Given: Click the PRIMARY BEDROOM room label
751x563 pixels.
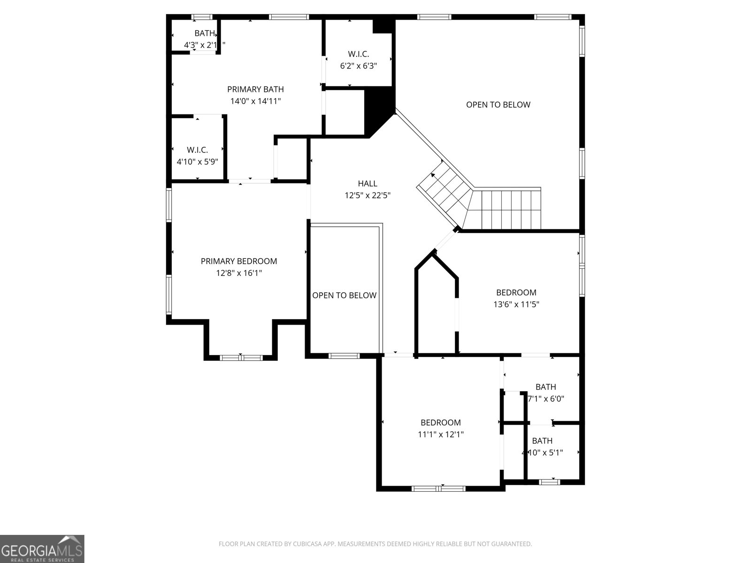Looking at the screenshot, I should coord(238,261).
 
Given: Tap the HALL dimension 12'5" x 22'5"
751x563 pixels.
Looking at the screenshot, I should coord(368,195).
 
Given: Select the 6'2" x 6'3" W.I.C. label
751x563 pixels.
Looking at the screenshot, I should coord(358,66).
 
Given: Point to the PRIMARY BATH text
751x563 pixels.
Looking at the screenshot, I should coord(255,89).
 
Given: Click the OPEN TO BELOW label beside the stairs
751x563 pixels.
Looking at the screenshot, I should coord(498,105).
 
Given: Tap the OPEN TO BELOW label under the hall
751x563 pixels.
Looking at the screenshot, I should coord(344,295).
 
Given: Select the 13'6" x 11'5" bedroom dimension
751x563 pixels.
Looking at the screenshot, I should coord(516,304).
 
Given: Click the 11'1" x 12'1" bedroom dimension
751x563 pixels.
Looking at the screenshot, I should coord(440,434).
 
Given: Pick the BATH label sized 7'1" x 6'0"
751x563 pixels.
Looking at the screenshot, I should coord(545,387).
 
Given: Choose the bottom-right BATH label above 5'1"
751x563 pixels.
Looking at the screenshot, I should coord(542,441).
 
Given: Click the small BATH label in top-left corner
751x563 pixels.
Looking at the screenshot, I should coord(204,33).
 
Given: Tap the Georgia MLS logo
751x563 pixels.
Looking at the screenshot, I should coord(42,548).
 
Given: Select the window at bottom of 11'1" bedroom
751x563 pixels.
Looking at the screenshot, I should coord(438,488).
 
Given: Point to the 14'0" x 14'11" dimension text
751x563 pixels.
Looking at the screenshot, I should coord(255,101).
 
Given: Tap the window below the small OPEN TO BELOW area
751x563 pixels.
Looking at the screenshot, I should coord(344,356).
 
